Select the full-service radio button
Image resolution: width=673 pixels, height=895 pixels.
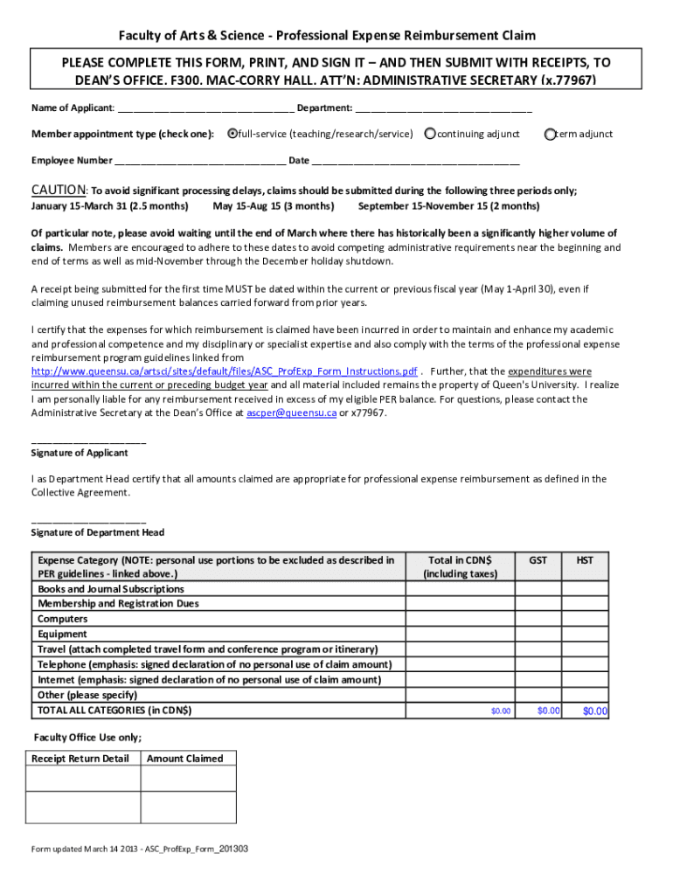point(232,134)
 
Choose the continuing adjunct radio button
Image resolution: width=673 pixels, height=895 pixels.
point(430,134)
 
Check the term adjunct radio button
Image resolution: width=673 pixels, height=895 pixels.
point(550,134)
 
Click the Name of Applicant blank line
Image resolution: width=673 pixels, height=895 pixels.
point(205,109)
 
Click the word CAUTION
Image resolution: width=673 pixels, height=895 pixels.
point(59,191)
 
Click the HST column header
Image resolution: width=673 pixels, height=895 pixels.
point(584,560)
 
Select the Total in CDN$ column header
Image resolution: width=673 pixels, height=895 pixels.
point(460,566)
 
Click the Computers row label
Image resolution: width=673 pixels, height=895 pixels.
point(62,619)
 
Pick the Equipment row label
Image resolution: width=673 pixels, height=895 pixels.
point(62,634)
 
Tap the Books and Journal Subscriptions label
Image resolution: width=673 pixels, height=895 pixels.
point(111,589)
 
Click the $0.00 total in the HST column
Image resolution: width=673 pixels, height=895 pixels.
point(594,711)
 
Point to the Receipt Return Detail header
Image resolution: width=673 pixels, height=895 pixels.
point(80,759)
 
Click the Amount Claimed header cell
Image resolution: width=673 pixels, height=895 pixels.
point(184,759)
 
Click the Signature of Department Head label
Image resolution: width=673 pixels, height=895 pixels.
point(98,532)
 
